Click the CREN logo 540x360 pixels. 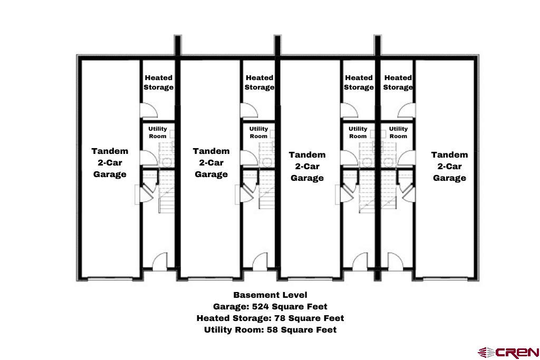point(508,352)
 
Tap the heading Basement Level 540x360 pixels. point(270,295)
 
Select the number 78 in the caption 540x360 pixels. point(279,318)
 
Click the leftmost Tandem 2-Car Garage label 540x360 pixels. point(110,162)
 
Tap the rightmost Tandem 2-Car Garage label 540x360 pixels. point(449,166)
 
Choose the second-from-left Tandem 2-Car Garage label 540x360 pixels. point(211,162)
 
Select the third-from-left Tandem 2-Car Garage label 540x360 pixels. point(307,166)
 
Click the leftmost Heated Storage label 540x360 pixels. point(159,82)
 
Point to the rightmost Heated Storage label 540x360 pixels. point(398,82)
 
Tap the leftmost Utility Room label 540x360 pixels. point(158,132)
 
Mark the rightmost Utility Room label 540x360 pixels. point(398,132)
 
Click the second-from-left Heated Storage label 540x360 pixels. point(259,82)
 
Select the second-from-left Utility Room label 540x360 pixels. point(258,132)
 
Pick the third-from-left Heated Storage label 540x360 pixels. point(359,82)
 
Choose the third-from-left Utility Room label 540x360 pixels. point(358,132)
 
